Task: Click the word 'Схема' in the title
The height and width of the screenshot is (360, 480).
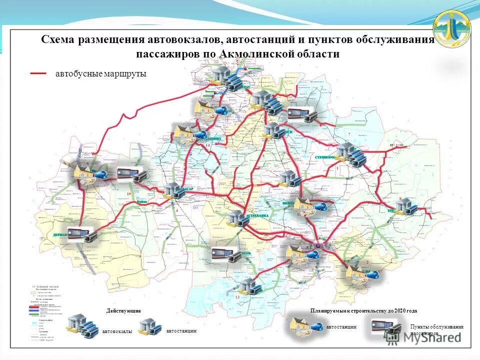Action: pos(58,39)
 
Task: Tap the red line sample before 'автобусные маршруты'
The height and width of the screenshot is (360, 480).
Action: pos(38,73)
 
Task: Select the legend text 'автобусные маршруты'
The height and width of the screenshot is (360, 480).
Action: pos(100,73)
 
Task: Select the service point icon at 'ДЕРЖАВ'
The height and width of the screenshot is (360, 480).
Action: pos(80,234)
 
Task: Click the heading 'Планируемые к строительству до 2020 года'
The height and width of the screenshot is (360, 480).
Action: pos(363,311)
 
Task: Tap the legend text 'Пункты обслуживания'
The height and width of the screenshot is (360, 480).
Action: pos(436,327)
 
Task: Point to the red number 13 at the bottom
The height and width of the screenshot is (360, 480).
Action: pos(237,297)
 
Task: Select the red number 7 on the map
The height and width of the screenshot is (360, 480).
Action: pos(348,135)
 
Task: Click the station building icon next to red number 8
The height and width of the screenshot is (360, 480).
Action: pos(404,206)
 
